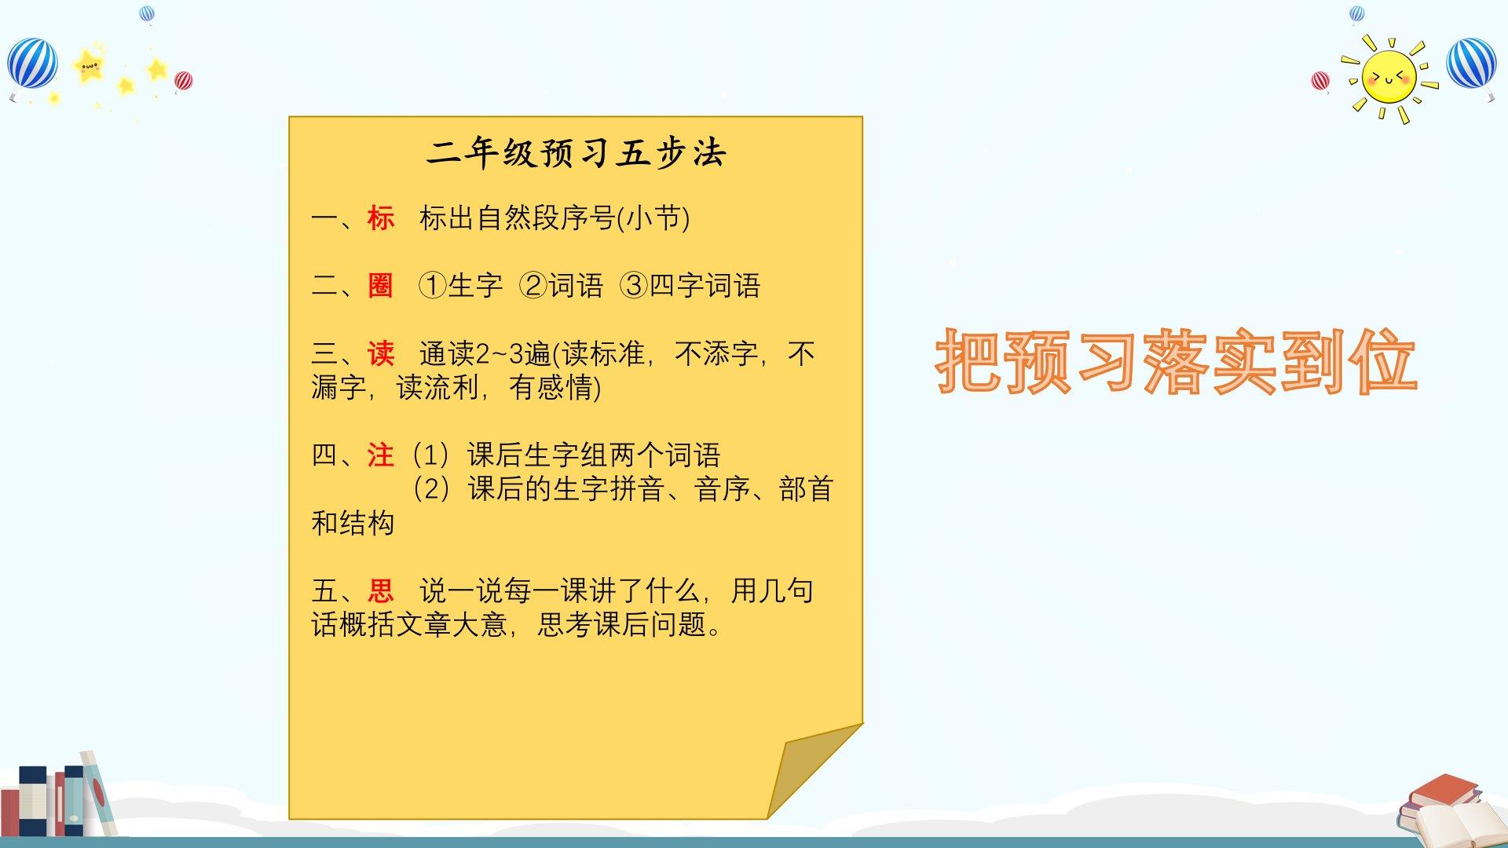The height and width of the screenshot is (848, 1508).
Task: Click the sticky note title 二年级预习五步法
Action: pyautogui.click(x=576, y=153)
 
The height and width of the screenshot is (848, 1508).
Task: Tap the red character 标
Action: pyautogui.click(x=381, y=218)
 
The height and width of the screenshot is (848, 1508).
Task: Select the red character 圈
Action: pyautogui.click(x=381, y=286)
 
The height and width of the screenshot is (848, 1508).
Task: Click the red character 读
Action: pyautogui.click(x=381, y=354)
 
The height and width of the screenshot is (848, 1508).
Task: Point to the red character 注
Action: pyautogui.click(x=381, y=455)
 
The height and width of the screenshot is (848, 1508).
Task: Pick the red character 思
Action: pyautogui.click(x=381, y=590)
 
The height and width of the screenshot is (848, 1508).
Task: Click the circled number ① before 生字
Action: pyautogui.click(x=432, y=286)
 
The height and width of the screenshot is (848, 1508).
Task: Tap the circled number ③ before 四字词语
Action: pyautogui.click(x=634, y=286)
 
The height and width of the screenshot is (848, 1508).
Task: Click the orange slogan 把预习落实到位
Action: pyautogui.click(x=1177, y=361)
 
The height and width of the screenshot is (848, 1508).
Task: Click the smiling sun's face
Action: pyautogui.click(x=1389, y=78)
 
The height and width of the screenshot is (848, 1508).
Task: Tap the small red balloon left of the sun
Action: pyautogui.click(x=1320, y=81)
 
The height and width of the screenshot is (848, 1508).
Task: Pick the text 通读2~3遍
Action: pyautogui.click(x=485, y=354)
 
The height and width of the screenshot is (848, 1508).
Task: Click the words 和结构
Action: pyautogui.click(x=353, y=523)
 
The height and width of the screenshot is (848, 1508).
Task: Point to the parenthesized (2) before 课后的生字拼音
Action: pyautogui.click(x=431, y=489)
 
